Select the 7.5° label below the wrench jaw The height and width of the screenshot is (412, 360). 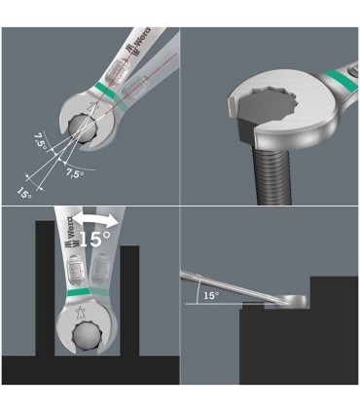[74, 173]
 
